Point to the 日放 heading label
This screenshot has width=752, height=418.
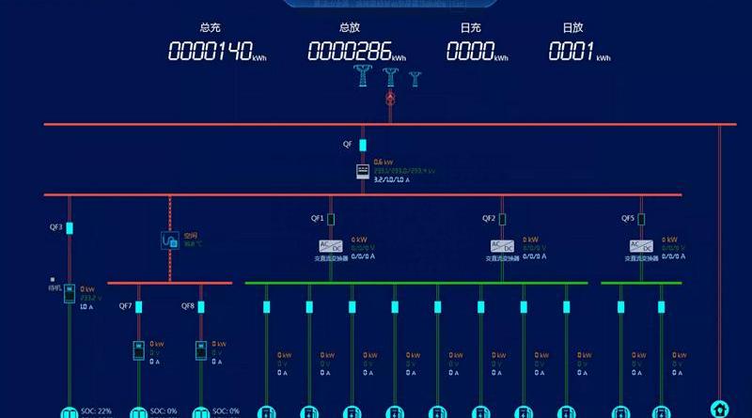click(572, 29)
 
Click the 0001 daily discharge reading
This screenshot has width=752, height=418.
click(571, 53)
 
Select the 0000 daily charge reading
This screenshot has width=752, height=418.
click(470, 53)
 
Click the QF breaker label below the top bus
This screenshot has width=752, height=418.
click(348, 144)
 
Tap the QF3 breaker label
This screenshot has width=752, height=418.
click(55, 227)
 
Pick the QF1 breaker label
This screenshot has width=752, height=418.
click(318, 219)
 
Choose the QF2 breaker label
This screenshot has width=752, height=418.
click(489, 219)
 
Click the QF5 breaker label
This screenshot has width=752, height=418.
click(628, 219)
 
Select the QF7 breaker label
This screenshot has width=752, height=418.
click(125, 306)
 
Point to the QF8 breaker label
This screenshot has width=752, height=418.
click(188, 306)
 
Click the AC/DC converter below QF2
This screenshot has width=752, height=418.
click(503, 246)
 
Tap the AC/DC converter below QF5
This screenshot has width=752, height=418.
click(642, 246)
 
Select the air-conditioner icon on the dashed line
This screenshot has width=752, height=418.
click(170, 240)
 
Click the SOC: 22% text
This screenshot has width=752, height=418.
click(96, 410)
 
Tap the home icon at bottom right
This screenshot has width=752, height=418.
click(720, 408)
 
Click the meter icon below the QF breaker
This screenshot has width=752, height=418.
click(362, 172)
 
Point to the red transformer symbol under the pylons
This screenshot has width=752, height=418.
click(390, 98)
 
